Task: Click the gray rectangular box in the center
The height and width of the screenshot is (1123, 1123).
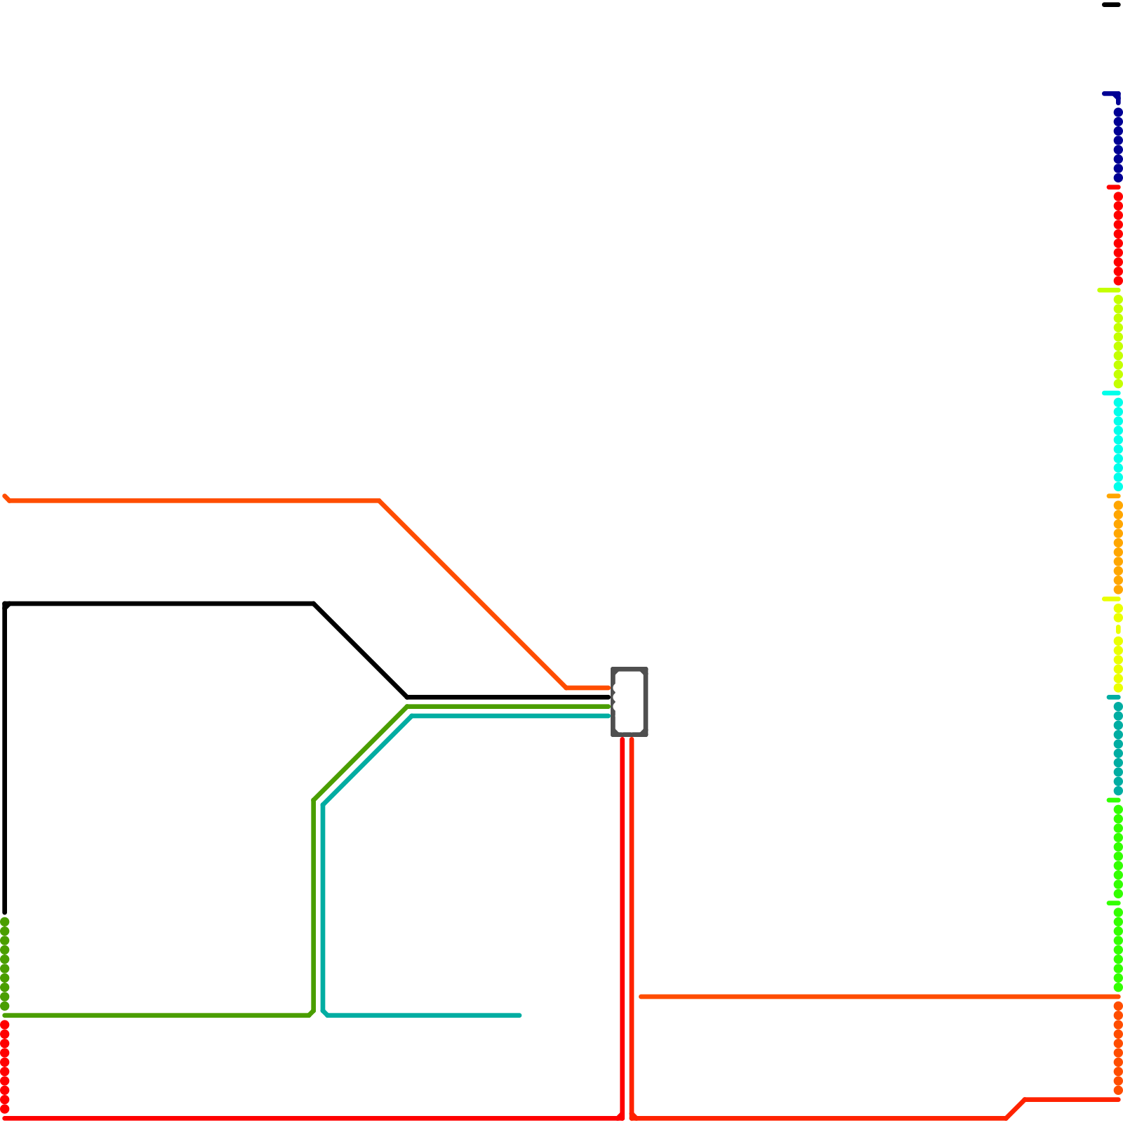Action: [630, 702]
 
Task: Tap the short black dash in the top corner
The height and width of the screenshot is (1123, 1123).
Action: [1111, 6]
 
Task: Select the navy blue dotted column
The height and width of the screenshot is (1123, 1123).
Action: [1117, 144]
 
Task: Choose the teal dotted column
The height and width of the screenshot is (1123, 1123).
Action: [1117, 748]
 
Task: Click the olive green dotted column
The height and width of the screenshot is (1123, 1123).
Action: [5, 963]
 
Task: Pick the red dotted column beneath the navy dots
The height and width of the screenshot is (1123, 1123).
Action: [1117, 239]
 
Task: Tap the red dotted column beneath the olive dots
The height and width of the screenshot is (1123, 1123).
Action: [5, 1067]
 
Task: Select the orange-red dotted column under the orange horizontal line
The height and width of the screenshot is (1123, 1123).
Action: [1117, 1047]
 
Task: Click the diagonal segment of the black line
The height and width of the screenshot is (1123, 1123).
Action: [361, 651]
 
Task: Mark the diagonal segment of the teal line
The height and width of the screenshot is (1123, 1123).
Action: [367, 761]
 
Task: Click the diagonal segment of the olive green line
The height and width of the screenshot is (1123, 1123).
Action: [360, 754]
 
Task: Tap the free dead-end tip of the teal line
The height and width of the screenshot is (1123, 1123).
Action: [519, 1015]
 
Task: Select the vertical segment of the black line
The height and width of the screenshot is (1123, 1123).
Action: [5, 758]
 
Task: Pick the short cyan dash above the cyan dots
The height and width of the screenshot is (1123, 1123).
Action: [1110, 393]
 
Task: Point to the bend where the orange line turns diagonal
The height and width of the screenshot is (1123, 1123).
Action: [380, 501]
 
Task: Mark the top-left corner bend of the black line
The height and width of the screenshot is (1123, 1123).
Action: [6, 604]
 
